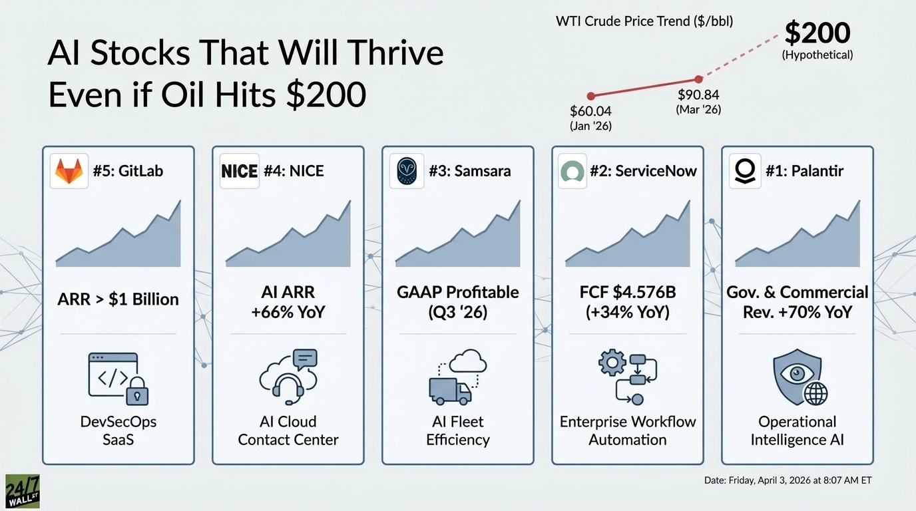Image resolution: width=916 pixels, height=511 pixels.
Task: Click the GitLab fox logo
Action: pyautogui.click(x=69, y=171)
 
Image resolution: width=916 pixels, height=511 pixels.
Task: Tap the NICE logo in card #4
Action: pyautogui.click(x=239, y=171)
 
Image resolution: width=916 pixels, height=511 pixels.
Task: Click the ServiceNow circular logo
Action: pyautogui.click(x=572, y=171)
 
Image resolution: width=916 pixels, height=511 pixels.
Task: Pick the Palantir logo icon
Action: pyautogui.click(x=742, y=171)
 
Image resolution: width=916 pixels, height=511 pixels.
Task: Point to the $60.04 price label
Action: pyautogui.click(x=590, y=111)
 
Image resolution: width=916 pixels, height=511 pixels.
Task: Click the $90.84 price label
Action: pyautogui.click(x=698, y=95)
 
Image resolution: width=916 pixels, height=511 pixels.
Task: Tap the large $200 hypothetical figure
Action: pyautogui.click(x=817, y=33)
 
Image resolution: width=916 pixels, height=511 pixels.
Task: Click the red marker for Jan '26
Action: pyautogui.click(x=590, y=96)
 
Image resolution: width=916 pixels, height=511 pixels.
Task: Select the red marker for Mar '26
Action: pyautogui.click(x=698, y=79)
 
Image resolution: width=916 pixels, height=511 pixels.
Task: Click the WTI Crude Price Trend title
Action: pyautogui.click(x=644, y=21)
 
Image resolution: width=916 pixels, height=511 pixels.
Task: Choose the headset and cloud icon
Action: pyautogui.click(x=288, y=377)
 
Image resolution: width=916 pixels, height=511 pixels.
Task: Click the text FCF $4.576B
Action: pyautogui.click(x=628, y=292)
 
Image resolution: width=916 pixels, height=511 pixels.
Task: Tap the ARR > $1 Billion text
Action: pyautogui.click(x=118, y=299)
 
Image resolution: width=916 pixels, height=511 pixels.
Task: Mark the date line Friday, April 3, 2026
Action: pyautogui.click(x=788, y=480)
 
